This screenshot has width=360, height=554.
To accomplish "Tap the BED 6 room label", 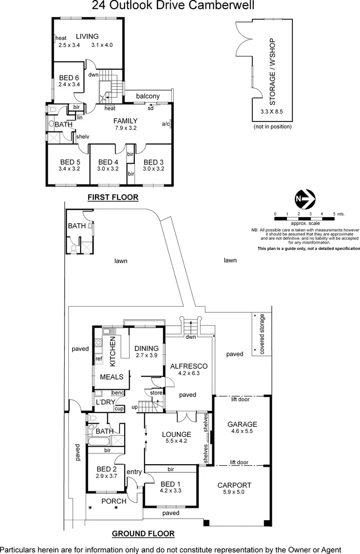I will pos(69,77).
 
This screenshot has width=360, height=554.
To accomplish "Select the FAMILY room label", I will pos(125,121).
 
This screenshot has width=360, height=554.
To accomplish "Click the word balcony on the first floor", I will pos(148,96).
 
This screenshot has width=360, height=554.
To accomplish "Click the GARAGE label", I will pos(242,424).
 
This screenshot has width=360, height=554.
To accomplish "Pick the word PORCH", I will pos(113,501).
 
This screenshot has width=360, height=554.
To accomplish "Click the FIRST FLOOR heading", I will pos(113,197).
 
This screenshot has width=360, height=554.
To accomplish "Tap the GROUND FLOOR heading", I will pos(143,533).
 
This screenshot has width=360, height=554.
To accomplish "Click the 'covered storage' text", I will pos(262,333).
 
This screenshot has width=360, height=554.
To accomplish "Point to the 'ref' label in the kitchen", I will pos(99,359).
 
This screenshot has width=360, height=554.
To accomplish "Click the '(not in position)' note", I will pos(273,126).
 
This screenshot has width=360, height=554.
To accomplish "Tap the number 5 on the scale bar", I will pos(333,213).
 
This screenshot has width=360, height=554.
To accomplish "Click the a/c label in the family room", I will pos(166,124).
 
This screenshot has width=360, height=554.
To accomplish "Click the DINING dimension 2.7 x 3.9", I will pos(147,355).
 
